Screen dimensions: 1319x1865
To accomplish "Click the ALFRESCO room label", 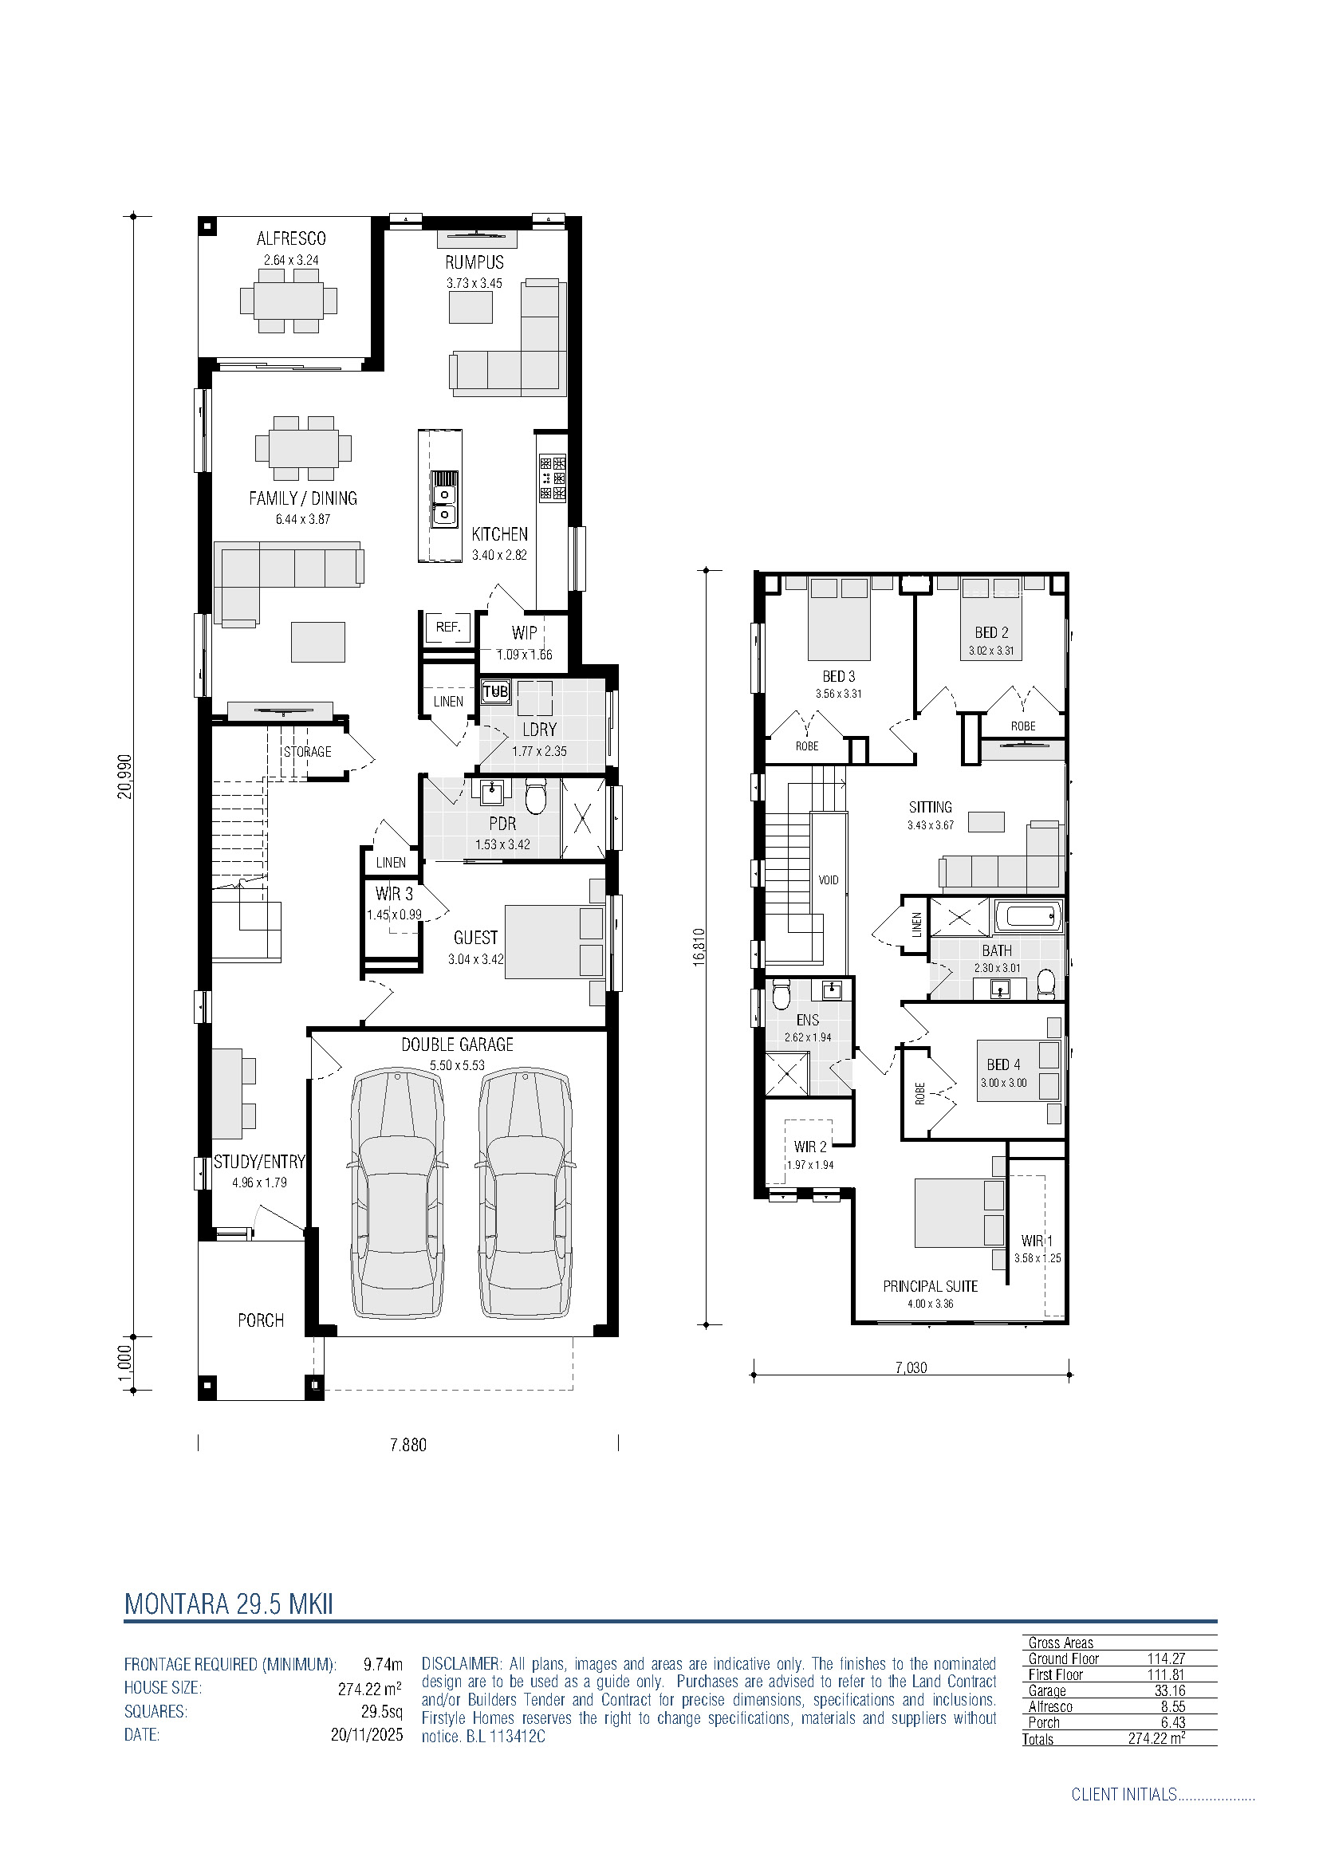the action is pos(291,239).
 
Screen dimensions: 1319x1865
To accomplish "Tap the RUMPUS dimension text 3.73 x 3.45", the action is pos(474,284).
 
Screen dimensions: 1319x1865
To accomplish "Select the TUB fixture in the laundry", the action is pos(495,691).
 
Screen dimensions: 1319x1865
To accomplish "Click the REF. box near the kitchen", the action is pos(447,627).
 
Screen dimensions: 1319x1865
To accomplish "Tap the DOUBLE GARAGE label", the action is pos(457,1045).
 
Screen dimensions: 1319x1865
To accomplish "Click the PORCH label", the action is pos(261,1320).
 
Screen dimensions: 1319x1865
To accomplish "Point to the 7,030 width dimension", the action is pos(911,1367).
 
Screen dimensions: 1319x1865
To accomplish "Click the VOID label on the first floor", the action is pos(829,880).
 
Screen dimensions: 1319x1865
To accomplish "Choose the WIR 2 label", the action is pos(809,1147).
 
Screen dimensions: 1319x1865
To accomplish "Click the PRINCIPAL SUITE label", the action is pos(930,1287).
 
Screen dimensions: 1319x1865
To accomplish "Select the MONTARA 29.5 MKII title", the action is pos(229,1604).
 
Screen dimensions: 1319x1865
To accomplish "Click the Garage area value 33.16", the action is pos(1170,1690).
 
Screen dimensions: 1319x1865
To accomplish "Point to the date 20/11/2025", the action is pos(366,1735).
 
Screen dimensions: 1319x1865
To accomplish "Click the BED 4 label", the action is pos(1003,1065).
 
